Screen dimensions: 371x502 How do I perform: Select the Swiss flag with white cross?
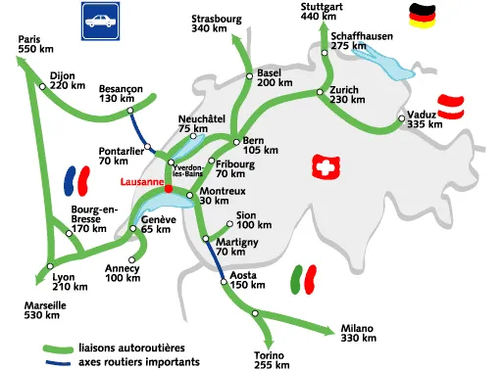pos(324,169)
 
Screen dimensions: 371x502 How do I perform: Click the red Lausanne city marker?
pos(169,188)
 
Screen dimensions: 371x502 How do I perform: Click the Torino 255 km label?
pos(270,359)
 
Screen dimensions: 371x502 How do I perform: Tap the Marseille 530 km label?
pos(46,309)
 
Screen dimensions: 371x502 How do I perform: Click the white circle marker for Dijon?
pos(42,86)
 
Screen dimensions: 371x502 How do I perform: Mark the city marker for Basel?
pos(250,75)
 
